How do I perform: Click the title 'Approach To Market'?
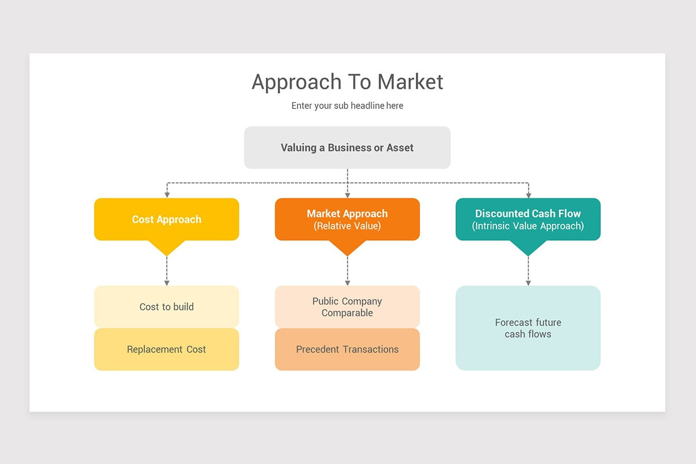[x=347, y=82]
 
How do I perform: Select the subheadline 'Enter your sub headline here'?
[x=347, y=106]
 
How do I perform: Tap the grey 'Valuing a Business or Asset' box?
[x=347, y=147]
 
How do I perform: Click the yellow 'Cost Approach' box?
[x=166, y=219]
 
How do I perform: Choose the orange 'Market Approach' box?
[x=347, y=219]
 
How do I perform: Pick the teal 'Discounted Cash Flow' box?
[x=528, y=219]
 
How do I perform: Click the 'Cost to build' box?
[x=166, y=307]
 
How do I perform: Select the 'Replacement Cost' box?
[x=166, y=349]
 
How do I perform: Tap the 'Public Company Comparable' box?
[x=347, y=307]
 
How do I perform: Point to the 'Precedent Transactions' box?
[x=347, y=349]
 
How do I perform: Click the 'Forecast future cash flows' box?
[x=528, y=328]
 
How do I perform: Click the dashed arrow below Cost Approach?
[x=166, y=270]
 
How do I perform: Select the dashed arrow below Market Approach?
[x=347, y=270]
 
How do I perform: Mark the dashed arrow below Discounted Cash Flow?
[x=528, y=270]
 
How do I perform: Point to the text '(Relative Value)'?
[x=347, y=226]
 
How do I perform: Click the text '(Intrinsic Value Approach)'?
[x=528, y=226]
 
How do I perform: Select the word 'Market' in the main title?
[x=410, y=82]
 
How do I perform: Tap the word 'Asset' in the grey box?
[x=400, y=147]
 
